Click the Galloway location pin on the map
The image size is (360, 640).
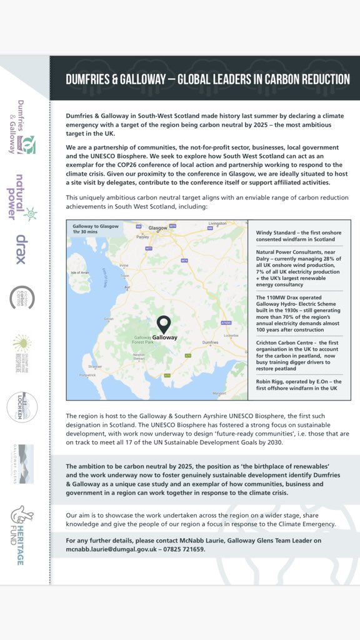pyautogui.click(x=164, y=324)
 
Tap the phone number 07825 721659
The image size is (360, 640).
pyautogui.click(x=182, y=549)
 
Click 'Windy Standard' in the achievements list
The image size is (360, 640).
pyautogui.click(x=276, y=232)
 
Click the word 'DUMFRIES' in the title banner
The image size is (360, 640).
pyautogui.click(x=89, y=79)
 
